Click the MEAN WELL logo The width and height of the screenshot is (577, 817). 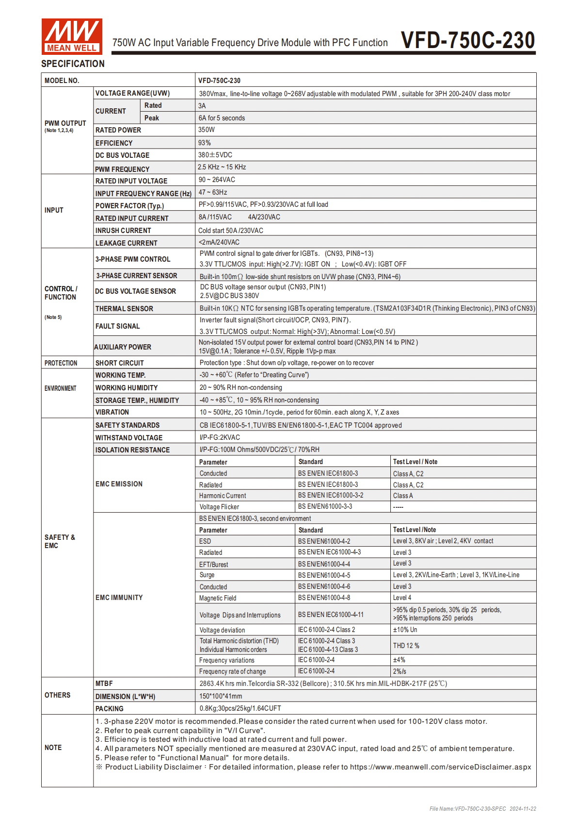pyautogui.click(x=72, y=36)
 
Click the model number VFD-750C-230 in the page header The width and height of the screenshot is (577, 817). pyautogui.click(x=467, y=40)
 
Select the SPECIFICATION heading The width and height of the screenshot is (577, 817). pyautogui.click(x=73, y=64)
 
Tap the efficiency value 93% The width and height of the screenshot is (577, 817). pyautogui.click(x=204, y=143)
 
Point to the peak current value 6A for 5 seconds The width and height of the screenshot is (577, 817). pyautogui.click(x=222, y=118)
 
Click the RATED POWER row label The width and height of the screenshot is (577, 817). pyautogui.click(x=118, y=130)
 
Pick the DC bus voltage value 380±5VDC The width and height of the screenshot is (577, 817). pyautogui.click(x=215, y=155)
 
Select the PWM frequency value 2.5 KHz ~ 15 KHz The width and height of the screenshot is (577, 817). pyautogui.click(x=222, y=167)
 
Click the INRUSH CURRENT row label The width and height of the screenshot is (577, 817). pyautogui.click(x=123, y=231)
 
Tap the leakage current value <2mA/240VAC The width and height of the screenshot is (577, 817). pyautogui.click(x=219, y=242)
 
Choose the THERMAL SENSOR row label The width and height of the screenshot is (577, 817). pyautogui.click(x=124, y=309)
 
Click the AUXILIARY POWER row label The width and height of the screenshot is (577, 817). pyautogui.click(x=123, y=347)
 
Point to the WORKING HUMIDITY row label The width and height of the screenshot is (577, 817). pyautogui.click(x=127, y=388)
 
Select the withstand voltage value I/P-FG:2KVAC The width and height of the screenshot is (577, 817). pyautogui.click(x=220, y=437)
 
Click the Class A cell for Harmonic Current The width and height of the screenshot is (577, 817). pyautogui.click(x=403, y=496)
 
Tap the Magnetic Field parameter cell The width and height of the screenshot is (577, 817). pyautogui.click(x=218, y=598)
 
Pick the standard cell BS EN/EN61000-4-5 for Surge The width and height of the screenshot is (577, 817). pyautogui.click(x=324, y=575)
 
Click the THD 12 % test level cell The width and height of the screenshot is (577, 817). pyautogui.click(x=406, y=646)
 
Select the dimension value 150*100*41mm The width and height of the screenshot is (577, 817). pyautogui.click(x=221, y=696)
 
